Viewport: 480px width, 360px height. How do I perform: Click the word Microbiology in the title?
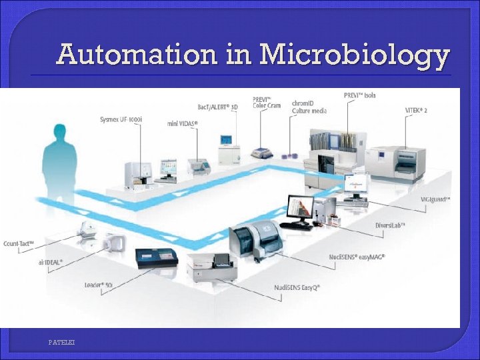(353, 55)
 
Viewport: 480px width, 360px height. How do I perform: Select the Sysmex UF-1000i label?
(121, 120)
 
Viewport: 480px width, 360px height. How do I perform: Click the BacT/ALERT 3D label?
(217, 106)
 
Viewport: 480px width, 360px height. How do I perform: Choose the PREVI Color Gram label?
(267, 102)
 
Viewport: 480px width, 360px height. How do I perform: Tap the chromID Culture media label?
(309, 107)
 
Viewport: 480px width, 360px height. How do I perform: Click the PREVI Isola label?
(360, 95)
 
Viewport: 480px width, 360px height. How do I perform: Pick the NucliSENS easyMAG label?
(357, 257)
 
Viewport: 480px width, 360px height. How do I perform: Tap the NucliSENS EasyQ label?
(297, 287)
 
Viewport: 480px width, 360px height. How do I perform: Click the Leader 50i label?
(98, 285)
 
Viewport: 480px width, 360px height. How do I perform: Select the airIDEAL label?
(51, 262)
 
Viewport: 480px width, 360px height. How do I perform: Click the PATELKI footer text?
(61, 342)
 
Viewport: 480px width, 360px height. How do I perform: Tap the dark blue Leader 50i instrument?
(157, 257)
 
